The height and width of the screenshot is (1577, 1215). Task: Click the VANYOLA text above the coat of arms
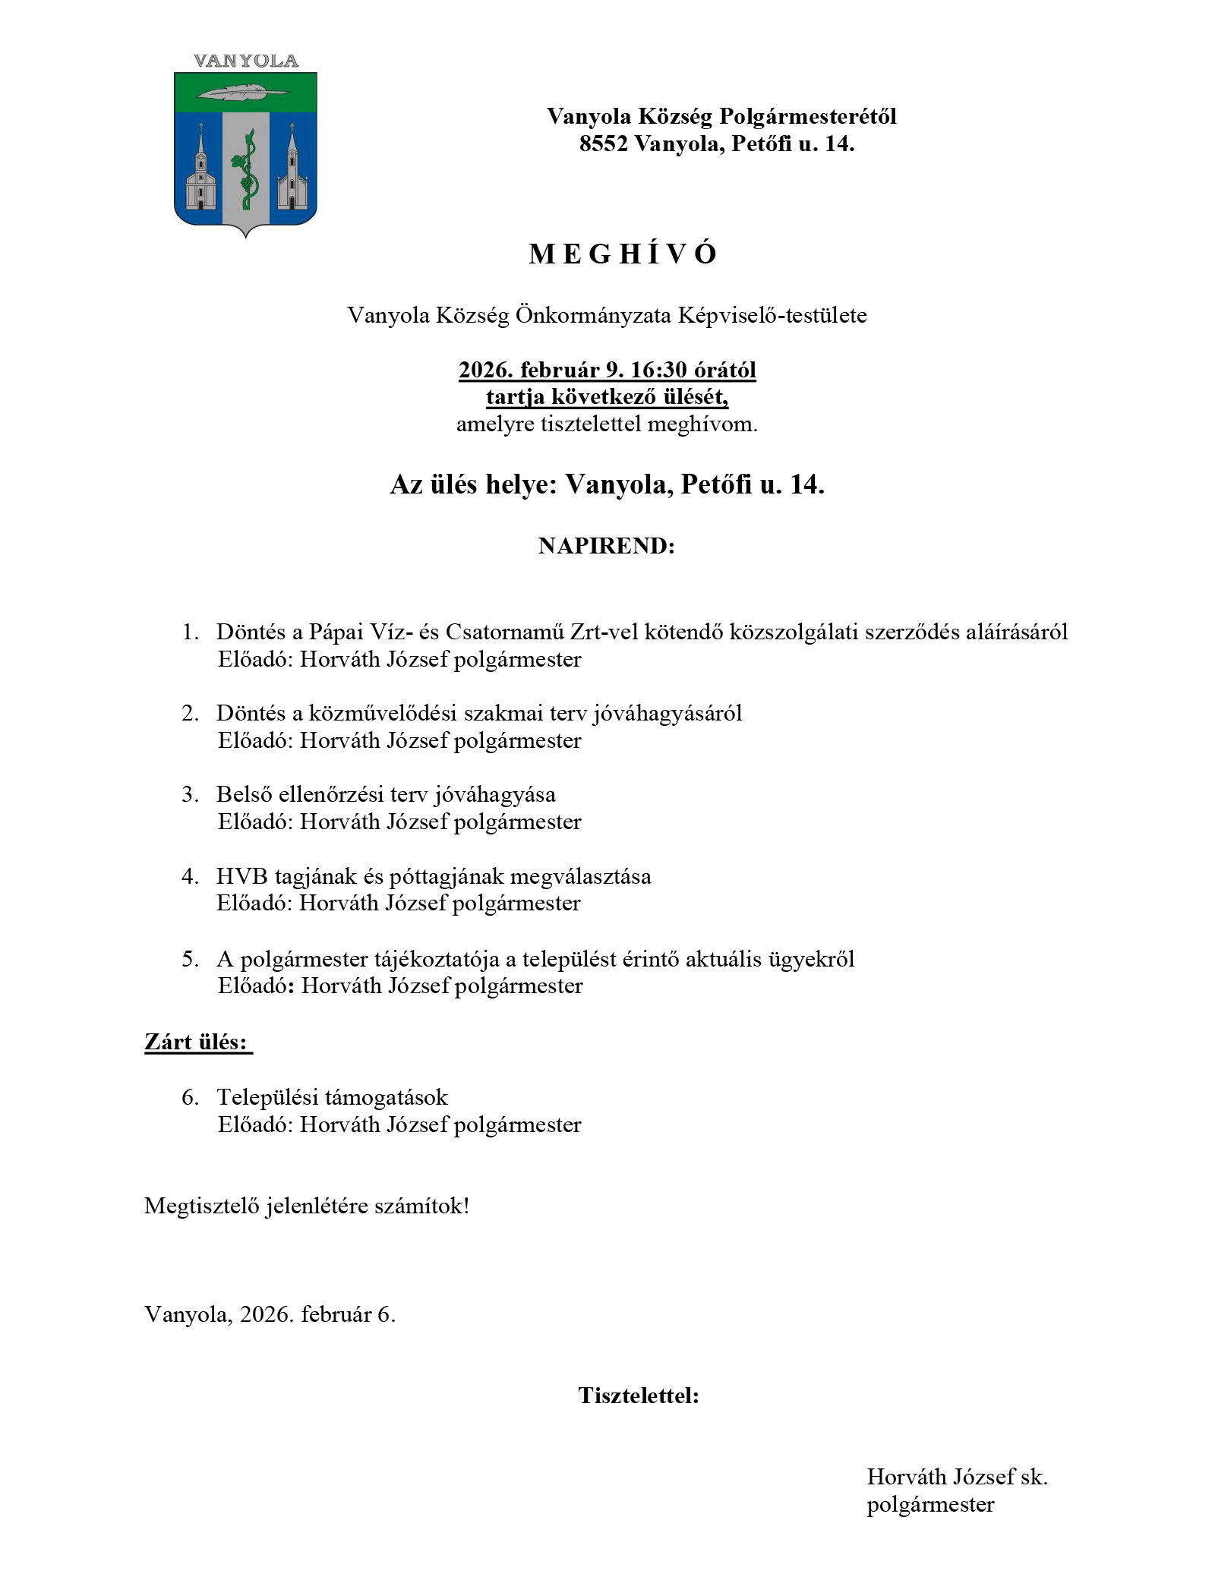click(x=245, y=62)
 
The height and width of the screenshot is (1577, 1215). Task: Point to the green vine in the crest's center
click(x=245, y=169)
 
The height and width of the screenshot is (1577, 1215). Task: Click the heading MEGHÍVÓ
click(x=623, y=254)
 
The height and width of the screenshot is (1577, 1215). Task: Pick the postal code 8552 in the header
click(x=603, y=144)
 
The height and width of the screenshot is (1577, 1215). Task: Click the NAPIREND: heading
click(x=606, y=546)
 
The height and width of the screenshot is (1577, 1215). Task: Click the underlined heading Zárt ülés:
click(x=197, y=1042)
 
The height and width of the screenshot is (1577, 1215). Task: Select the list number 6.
click(x=190, y=1097)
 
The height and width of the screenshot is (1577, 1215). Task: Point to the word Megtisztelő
click(x=201, y=1206)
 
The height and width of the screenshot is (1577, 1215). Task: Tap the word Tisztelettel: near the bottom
click(x=639, y=1396)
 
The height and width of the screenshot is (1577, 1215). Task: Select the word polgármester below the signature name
click(x=930, y=1504)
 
